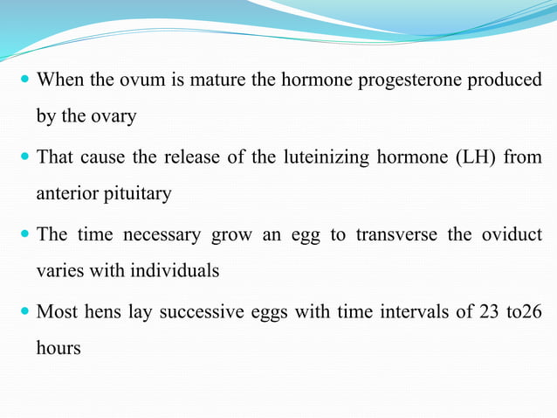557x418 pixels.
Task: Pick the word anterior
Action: pyautogui.click(x=68, y=193)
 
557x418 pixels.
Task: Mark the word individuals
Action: pyautogui.click(x=175, y=270)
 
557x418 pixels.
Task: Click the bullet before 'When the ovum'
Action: pyautogui.click(x=24, y=80)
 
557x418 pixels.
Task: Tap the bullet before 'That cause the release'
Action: pyautogui.click(x=24, y=157)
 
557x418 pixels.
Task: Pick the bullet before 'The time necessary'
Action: pyautogui.click(x=24, y=234)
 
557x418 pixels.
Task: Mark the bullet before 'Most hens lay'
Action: pyautogui.click(x=24, y=312)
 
